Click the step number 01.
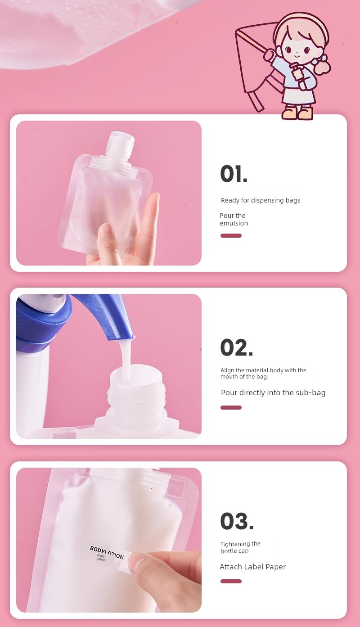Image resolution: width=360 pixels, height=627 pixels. pyautogui.click(x=234, y=174)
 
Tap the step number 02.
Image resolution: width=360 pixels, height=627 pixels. pyautogui.click(x=237, y=347)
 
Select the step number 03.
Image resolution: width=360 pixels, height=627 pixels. pyautogui.click(x=237, y=521)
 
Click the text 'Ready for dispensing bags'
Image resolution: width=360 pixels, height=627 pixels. pyautogui.click(x=261, y=200)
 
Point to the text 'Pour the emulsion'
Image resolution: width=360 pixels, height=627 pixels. pyautogui.click(x=234, y=219)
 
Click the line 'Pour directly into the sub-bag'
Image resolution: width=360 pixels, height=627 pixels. pyautogui.click(x=273, y=392)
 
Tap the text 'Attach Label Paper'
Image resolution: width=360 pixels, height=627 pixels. pyautogui.click(x=252, y=567)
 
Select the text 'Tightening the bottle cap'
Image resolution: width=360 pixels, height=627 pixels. pyautogui.click(x=240, y=547)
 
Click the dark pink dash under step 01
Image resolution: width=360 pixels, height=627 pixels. pyautogui.click(x=231, y=235)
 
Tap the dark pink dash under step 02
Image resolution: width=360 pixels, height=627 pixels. pyautogui.click(x=231, y=407)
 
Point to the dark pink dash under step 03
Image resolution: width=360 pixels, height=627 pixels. pyautogui.click(x=231, y=582)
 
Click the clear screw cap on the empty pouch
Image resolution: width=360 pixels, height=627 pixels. pyautogui.click(x=120, y=145)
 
